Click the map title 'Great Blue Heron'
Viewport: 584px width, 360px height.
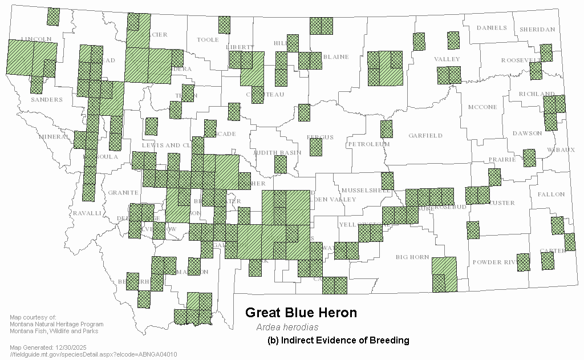[x=301, y=313]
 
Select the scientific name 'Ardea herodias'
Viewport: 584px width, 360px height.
[x=287, y=327]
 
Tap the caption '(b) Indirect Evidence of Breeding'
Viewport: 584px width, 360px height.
[x=338, y=341]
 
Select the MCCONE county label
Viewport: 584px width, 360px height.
[x=482, y=107]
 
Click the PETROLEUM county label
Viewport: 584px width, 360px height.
[x=368, y=144]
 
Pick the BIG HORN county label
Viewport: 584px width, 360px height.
[x=412, y=257]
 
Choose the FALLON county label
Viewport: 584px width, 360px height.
[x=550, y=195]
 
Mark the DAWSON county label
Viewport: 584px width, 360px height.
[x=527, y=134]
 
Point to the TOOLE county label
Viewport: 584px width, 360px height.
[x=208, y=40]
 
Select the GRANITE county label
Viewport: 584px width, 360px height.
[x=123, y=193]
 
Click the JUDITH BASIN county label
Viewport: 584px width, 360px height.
[x=277, y=153]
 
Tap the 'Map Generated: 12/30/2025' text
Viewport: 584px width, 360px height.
[x=48, y=347]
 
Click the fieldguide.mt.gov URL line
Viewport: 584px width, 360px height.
[x=94, y=354]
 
